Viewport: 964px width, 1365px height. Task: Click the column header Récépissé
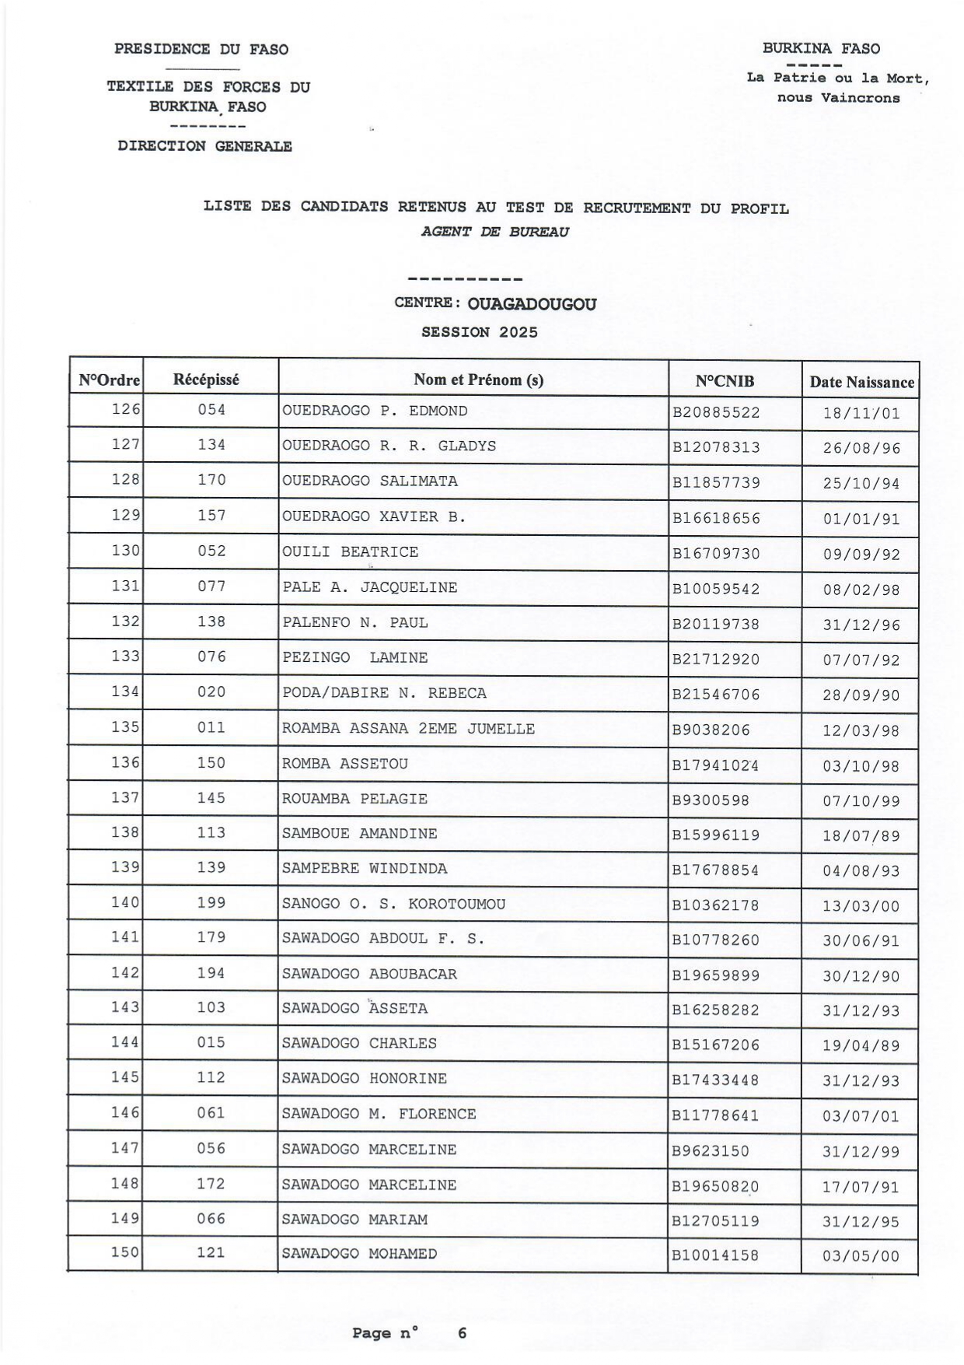pyautogui.click(x=206, y=380)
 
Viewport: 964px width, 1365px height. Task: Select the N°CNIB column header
pyautogui.click(x=725, y=381)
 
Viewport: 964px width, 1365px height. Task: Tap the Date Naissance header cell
pyautogui.click(x=861, y=382)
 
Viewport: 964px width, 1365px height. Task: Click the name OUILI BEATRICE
pyautogui.click(x=350, y=552)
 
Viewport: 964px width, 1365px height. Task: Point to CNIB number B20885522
pyautogui.click(x=716, y=412)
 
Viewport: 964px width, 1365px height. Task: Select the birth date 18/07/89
pyautogui.click(x=861, y=836)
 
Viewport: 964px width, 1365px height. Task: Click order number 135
pyautogui.click(x=125, y=727)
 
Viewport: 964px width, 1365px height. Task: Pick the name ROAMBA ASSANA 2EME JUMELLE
pyautogui.click(x=408, y=729)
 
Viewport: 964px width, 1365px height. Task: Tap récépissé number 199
pyautogui.click(x=211, y=902)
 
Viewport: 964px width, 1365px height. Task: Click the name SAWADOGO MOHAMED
pyautogui.click(x=359, y=1254)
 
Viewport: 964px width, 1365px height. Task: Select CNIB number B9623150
pyautogui.click(x=711, y=1150)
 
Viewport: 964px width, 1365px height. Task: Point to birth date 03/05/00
pyautogui.click(x=861, y=1256)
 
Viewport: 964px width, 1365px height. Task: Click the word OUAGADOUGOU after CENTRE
pyautogui.click(x=532, y=304)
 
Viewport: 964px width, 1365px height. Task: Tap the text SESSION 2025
pyautogui.click(x=480, y=332)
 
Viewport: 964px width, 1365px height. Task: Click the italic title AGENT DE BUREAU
pyautogui.click(x=495, y=232)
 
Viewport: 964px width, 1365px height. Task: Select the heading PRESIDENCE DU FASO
pyautogui.click(x=201, y=49)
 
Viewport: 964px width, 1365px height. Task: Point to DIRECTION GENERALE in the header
pyautogui.click(x=205, y=145)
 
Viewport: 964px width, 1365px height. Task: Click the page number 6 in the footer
pyautogui.click(x=462, y=1332)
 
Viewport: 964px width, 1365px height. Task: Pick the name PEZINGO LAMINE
pyautogui.click(x=355, y=658)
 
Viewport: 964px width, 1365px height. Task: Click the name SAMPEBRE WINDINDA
pyautogui.click(x=365, y=868)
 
